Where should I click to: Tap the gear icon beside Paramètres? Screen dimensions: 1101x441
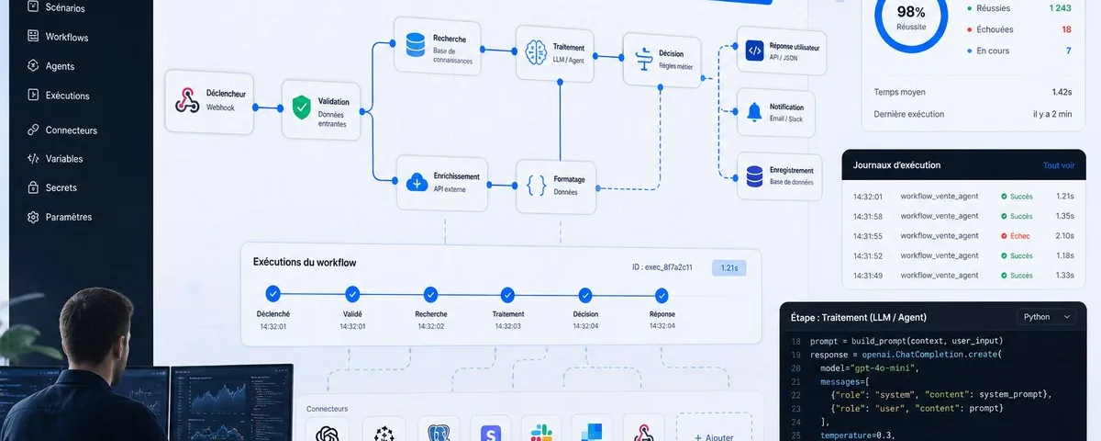point(33,217)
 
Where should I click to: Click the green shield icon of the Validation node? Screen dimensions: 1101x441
point(301,107)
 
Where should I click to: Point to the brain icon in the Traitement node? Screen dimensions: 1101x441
point(536,52)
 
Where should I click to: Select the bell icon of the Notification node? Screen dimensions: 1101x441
point(754,112)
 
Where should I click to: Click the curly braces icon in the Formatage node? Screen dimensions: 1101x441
point(536,186)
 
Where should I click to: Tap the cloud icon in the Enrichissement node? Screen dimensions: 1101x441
point(417,182)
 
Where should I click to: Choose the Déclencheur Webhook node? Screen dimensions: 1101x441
point(209,102)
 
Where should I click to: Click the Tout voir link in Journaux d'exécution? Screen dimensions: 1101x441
point(1059,165)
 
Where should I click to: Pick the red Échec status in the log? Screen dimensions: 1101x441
point(1016,236)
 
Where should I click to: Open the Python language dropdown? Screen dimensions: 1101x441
point(1047,317)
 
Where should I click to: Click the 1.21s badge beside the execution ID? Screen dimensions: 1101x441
point(728,267)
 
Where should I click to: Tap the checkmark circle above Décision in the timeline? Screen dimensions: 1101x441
point(585,295)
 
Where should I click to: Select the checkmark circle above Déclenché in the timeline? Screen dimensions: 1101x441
point(272,294)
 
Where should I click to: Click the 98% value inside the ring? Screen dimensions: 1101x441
point(911,11)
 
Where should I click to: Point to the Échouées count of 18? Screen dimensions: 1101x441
point(1066,29)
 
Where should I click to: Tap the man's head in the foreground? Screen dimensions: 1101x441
point(96,329)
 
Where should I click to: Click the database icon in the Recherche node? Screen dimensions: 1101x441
point(416,45)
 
